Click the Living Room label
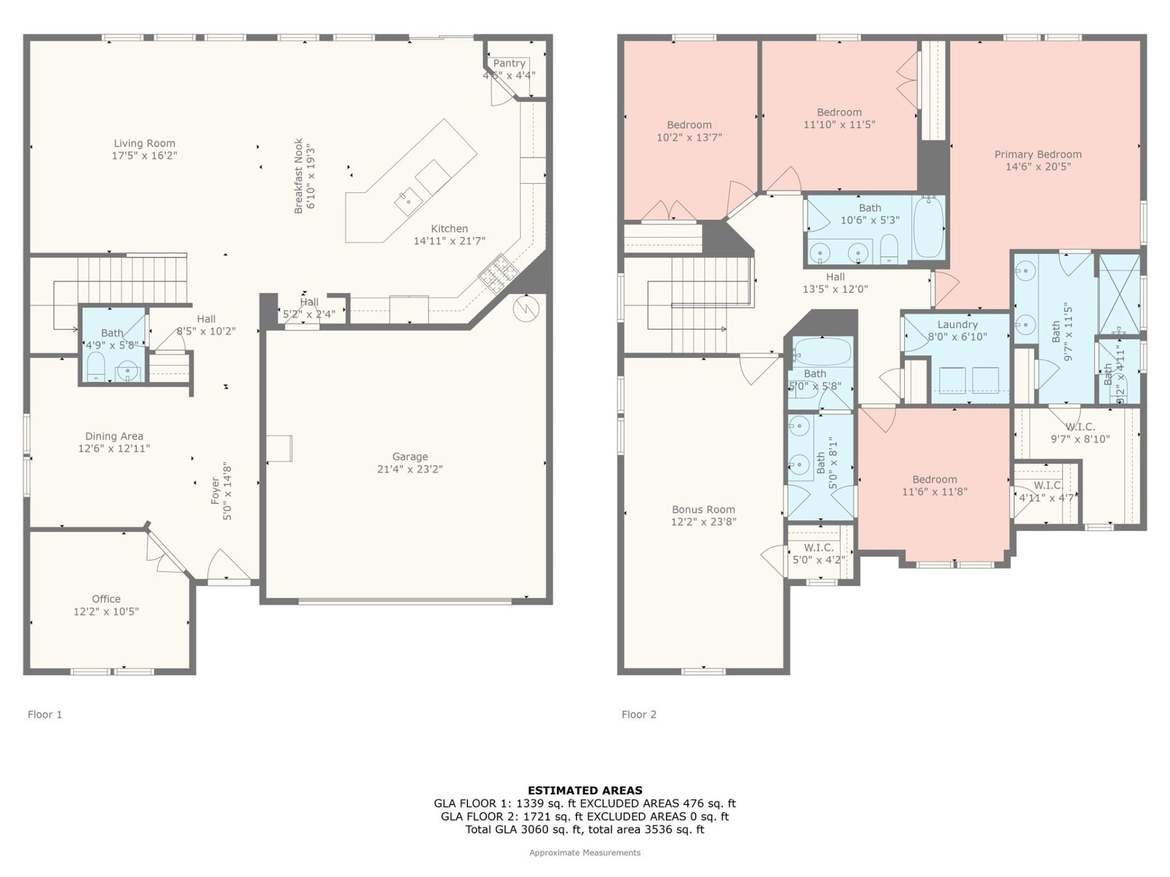pyautogui.click(x=144, y=144)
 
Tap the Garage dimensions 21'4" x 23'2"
pyautogui.click(x=409, y=469)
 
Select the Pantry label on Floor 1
pyautogui.click(x=509, y=63)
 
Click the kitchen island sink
pyautogui.click(x=408, y=198)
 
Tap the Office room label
pyautogui.click(x=106, y=599)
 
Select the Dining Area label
pyautogui.click(x=114, y=436)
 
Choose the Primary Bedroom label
pyautogui.click(x=1038, y=155)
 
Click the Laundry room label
pyautogui.click(x=957, y=325)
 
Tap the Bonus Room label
pyautogui.click(x=703, y=510)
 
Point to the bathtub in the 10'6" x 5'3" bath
pyautogui.click(x=929, y=227)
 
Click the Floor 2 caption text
pyautogui.click(x=639, y=714)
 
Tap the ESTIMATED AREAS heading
pyautogui.click(x=584, y=791)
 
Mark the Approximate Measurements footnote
pyautogui.click(x=584, y=853)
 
